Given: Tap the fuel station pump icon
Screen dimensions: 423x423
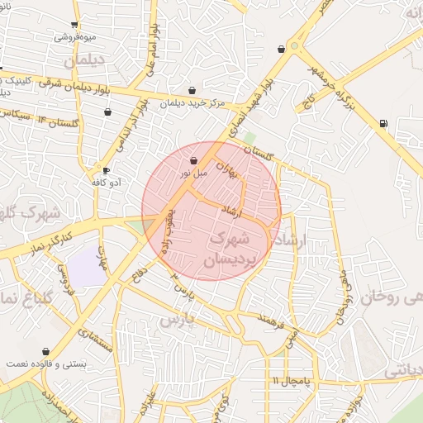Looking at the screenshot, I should coord(383,124).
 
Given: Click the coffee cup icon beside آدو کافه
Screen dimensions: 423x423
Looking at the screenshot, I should coord(106,170).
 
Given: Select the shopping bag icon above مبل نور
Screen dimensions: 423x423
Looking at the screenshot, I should coord(193,160).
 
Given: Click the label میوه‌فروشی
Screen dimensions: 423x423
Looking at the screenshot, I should coord(75,37).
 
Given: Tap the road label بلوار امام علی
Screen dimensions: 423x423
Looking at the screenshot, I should coord(152,50).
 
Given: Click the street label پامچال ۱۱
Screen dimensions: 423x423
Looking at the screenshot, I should coord(288,380).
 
